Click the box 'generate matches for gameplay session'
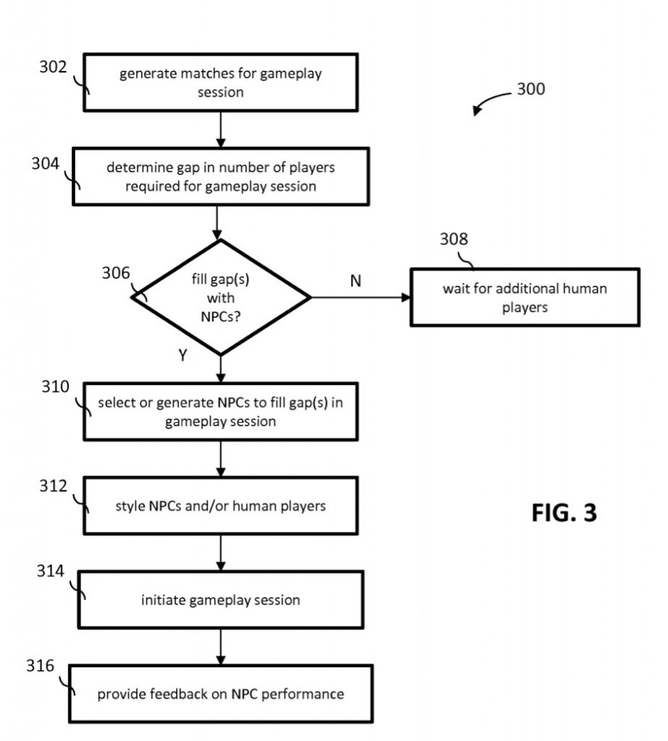221,82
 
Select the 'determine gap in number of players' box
221,177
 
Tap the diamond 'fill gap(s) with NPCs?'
221,297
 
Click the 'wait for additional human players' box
525,297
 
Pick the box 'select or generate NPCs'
221,411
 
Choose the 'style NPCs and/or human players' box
221,506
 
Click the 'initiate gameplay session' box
221,599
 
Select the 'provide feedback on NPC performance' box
221,694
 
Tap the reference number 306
116,273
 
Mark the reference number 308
454,240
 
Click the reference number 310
55,386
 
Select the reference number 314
51,572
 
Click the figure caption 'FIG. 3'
565,512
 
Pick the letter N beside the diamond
355,281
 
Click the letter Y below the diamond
182,356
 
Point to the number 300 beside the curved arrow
531,90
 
